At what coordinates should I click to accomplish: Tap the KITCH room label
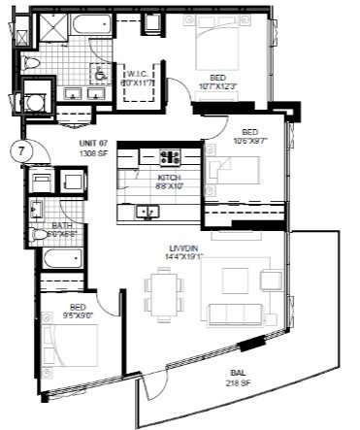point(171,178)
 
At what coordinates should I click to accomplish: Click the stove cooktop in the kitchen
point(170,155)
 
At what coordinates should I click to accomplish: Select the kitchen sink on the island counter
point(148,211)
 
